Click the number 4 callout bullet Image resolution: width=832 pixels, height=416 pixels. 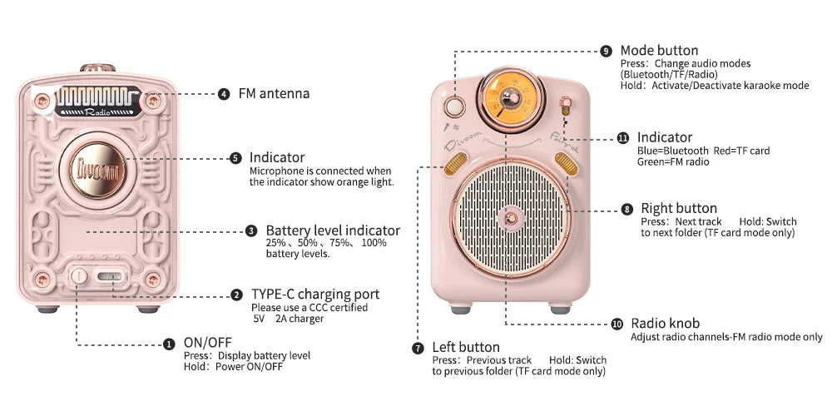pos(224,94)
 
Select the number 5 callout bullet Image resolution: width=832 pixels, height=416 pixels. pos(235,158)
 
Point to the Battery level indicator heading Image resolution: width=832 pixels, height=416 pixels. pos(333,230)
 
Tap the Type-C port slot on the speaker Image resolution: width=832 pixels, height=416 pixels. pos(108,276)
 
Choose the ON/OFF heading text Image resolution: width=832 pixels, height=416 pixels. pos(207,342)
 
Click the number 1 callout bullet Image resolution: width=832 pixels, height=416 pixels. pos(169,344)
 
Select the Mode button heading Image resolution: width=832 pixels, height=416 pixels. pos(659,51)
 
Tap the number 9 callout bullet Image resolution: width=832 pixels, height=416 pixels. pos(606,51)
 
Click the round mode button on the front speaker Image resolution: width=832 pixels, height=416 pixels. pos(454,106)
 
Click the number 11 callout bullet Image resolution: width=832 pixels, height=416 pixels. pos(623,138)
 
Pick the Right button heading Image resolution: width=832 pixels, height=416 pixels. pos(678,208)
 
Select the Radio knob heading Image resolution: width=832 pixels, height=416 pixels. pos(665,324)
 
